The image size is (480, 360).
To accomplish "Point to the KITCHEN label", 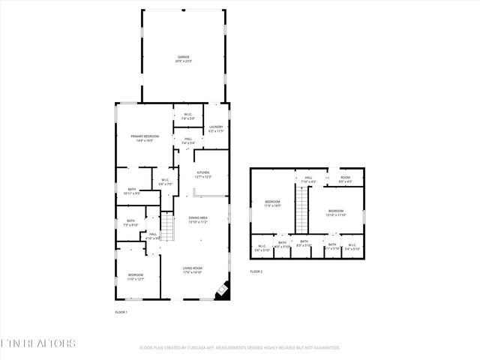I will (x=203, y=174).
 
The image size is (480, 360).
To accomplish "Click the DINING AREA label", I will (x=198, y=220).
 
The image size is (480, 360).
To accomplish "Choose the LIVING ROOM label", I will (x=193, y=269).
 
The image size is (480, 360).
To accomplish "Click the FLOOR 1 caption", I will (x=121, y=311).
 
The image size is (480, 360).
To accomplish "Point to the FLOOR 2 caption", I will (x=256, y=271).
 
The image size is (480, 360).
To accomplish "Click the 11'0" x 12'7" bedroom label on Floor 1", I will (x=135, y=277).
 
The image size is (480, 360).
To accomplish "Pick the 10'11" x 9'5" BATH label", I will (x=131, y=191).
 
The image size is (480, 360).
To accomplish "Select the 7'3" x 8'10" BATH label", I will (x=131, y=223).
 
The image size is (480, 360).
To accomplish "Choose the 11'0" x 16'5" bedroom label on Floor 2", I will (x=271, y=204).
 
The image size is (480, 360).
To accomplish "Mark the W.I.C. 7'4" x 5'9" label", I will (x=188, y=117).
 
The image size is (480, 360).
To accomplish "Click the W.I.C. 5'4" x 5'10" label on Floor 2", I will (x=352, y=247).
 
